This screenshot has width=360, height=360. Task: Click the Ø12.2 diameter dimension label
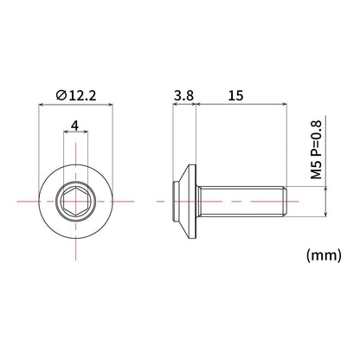[76, 95]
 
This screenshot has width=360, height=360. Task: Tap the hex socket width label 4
[75, 125]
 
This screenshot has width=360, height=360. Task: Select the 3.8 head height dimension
[183, 95]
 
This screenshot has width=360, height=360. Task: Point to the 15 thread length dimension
[235, 95]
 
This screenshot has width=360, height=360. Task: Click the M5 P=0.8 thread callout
[316, 150]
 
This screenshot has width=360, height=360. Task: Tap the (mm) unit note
[324, 255]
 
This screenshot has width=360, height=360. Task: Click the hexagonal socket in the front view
[75, 201]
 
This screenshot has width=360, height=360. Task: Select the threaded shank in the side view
[241, 201]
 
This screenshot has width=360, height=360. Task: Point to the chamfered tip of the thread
[285, 201]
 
